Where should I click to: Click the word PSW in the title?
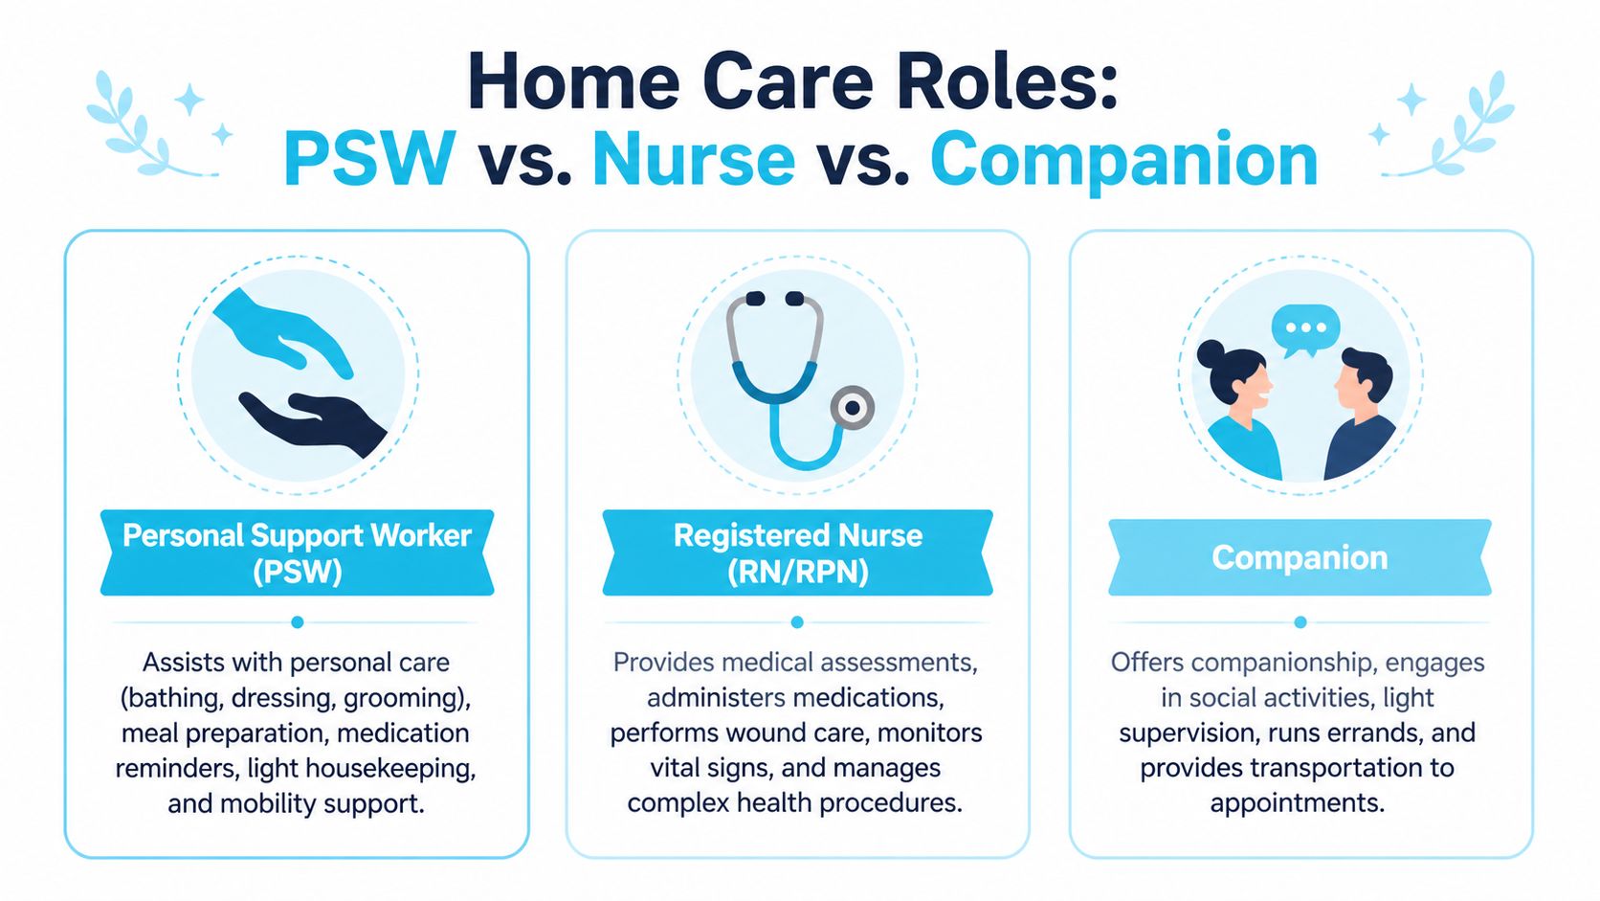(370, 159)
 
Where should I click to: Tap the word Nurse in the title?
(694, 159)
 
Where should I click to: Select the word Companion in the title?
(1123, 163)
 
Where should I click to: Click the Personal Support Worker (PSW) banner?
(298, 552)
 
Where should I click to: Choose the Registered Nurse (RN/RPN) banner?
(798, 552)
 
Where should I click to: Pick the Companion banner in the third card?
(1300, 557)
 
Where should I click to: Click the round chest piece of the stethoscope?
(852, 408)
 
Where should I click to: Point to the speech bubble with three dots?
(1305, 329)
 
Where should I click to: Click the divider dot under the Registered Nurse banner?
(797, 622)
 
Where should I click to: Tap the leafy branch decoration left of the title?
(152, 124)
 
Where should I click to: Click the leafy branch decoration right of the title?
(1448, 124)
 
